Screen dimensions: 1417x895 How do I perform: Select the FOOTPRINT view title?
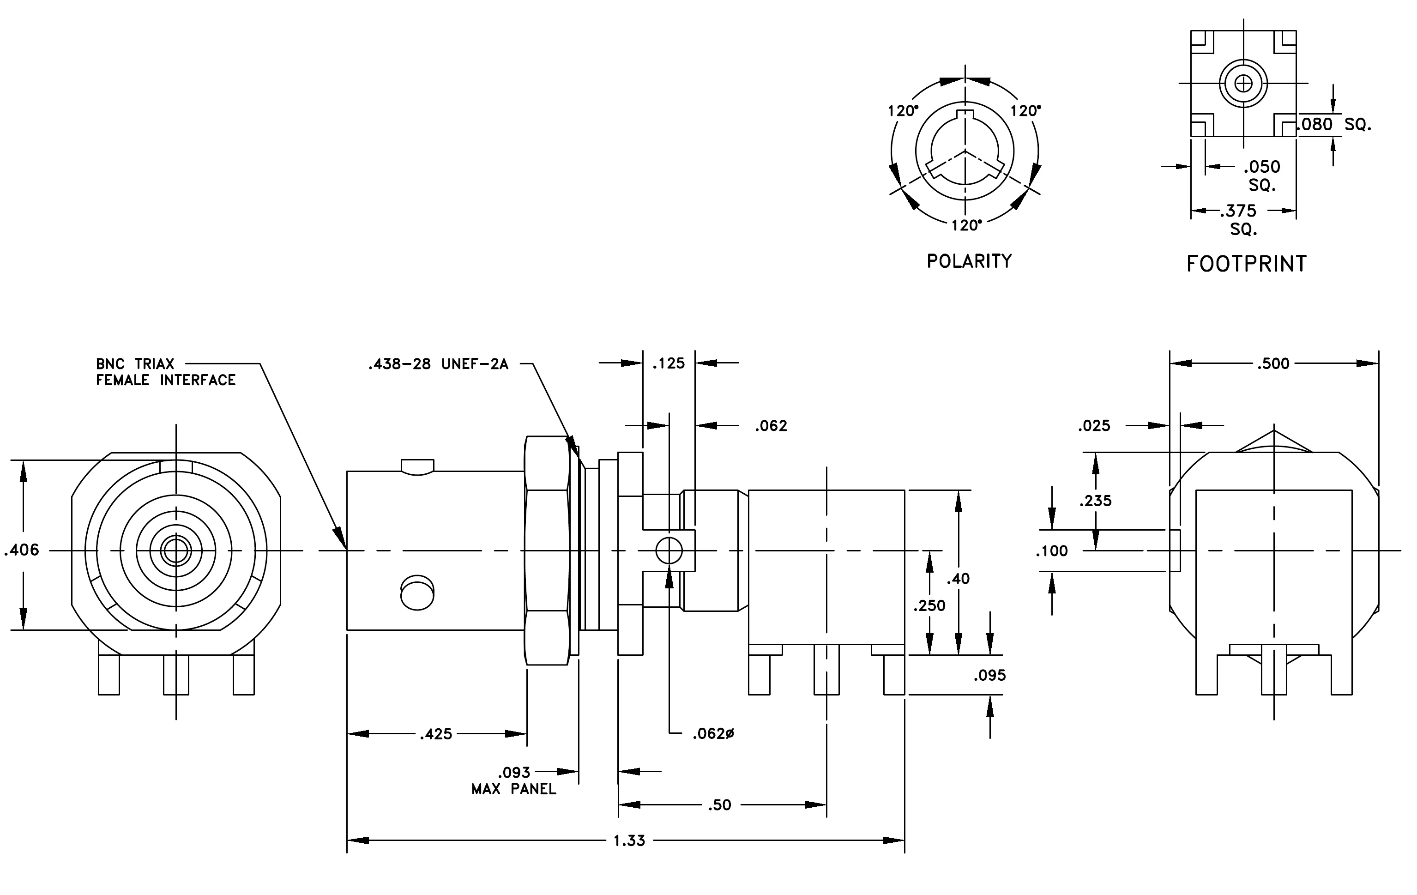(1246, 264)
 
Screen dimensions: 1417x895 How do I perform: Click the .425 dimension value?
(436, 734)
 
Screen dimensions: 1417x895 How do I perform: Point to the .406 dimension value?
(22, 550)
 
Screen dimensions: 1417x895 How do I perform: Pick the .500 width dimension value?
(1273, 363)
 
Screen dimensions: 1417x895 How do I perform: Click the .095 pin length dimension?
(990, 675)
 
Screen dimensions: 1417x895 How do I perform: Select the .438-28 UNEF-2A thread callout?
(439, 364)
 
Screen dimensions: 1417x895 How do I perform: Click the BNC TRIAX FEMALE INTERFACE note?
(166, 372)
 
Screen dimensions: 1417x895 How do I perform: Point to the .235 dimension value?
(1096, 501)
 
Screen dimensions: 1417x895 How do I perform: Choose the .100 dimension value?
(1052, 551)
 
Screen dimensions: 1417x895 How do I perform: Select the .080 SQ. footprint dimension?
(1334, 124)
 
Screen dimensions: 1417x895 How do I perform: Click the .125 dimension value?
(669, 363)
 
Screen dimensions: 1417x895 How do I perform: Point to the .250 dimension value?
(929, 605)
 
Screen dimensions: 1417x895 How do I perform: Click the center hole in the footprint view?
(1243, 84)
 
